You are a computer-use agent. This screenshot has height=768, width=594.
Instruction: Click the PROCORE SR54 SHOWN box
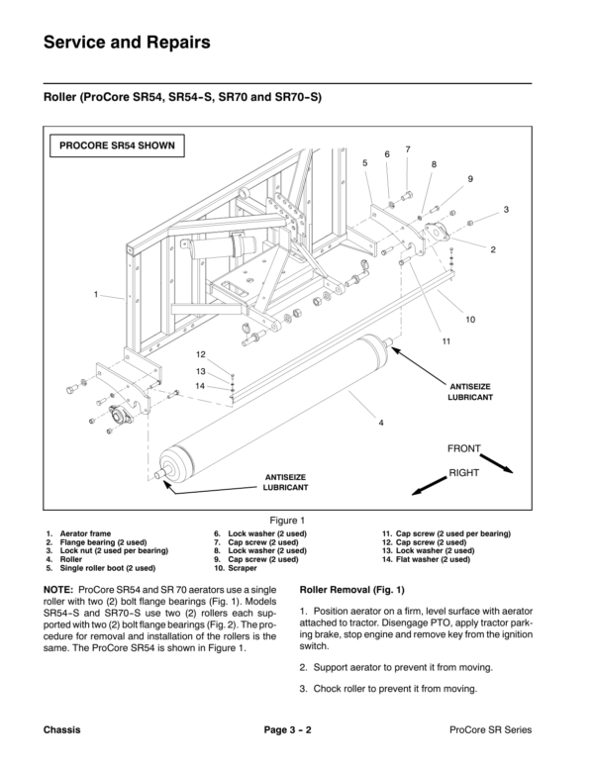point(117,144)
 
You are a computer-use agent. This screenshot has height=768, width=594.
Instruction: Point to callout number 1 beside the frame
point(96,294)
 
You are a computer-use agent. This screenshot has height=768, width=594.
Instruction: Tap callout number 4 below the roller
point(380,424)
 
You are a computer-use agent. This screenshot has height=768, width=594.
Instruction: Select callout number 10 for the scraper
point(470,320)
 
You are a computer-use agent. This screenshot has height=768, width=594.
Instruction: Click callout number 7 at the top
point(407,148)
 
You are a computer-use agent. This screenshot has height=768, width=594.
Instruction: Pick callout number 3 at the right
point(505,210)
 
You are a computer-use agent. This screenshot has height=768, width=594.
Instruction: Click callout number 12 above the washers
point(200,354)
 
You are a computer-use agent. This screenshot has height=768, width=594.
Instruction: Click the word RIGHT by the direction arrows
point(463,474)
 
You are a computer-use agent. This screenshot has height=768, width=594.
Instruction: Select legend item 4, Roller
point(70,559)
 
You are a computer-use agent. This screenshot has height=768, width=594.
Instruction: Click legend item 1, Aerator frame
point(84,533)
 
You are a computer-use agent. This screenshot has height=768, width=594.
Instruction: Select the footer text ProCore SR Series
point(491,729)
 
